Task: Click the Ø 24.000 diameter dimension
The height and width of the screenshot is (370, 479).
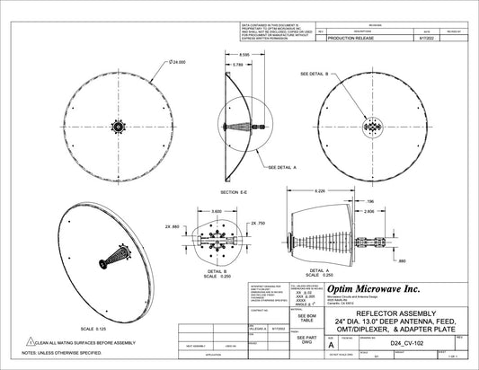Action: click(176, 62)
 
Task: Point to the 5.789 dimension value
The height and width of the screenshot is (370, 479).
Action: click(237, 66)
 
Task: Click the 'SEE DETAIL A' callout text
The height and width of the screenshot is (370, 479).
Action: click(284, 167)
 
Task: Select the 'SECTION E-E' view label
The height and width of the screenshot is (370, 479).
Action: click(240, 192)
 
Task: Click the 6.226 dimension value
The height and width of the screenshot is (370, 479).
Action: click(319, 191)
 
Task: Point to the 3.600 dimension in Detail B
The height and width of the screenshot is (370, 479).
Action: click(217, 211)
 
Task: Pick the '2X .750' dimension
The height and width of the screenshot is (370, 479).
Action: click(259, 223)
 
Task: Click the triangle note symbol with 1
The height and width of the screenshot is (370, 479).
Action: click(31, 342)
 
